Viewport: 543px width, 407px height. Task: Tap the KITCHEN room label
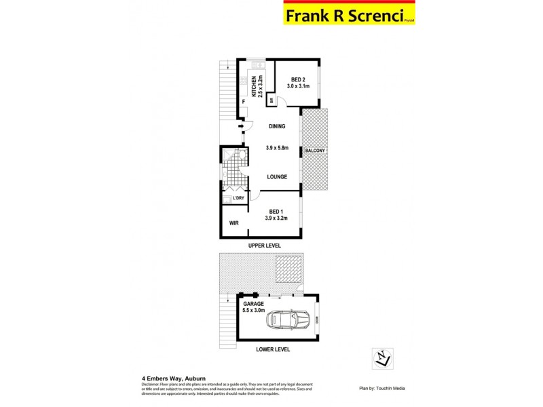point(254,86)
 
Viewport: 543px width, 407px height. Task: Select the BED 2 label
point(298,79)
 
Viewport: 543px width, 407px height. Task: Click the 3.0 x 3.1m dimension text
point(298,86)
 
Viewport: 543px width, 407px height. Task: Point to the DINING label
point(276,126)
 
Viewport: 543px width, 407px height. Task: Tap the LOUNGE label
point(276,176)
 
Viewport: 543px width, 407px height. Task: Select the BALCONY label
point(315,150)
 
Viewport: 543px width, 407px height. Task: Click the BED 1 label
point(276,211)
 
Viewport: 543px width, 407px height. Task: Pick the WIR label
point(233,222)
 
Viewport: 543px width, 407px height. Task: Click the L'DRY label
point(238,198)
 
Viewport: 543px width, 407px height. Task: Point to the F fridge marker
point(243,102)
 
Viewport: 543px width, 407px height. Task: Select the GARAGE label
point(255,304)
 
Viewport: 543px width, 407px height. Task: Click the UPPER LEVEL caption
point(264,245)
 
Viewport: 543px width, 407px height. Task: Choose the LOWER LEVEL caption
point(273,349)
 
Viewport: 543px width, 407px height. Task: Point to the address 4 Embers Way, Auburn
point(174,378)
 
